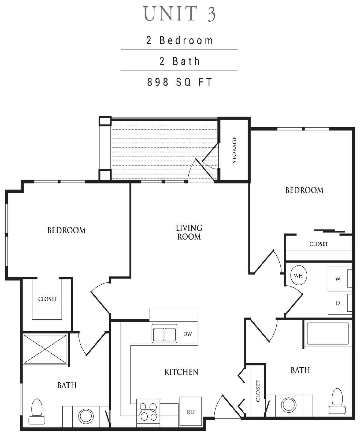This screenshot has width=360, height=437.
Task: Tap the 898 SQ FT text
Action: click(180, 82)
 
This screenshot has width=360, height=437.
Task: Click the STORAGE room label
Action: click(234, 150)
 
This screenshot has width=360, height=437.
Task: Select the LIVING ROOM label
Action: click(189, 232)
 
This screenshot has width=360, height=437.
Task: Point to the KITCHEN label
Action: click(181, 372)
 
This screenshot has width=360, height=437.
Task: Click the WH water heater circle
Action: click(298, 275)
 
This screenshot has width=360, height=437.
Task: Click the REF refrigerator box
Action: click(191, 412)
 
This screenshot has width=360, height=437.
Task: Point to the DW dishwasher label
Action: click(188, 334)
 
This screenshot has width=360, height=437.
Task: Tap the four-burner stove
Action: click(148, 412)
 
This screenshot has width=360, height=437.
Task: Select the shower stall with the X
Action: click(45, 349)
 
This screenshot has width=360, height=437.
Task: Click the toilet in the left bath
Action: click(37, 411)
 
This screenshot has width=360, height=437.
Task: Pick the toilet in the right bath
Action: click(337, 400)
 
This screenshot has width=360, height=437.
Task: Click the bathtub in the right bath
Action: click(328, 334)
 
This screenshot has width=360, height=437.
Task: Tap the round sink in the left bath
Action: click(86, 416)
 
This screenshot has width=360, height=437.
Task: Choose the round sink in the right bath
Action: click(289, 404)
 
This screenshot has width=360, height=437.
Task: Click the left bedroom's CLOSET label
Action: click(48, 299)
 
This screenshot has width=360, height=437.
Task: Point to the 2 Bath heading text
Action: click(180, 61)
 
